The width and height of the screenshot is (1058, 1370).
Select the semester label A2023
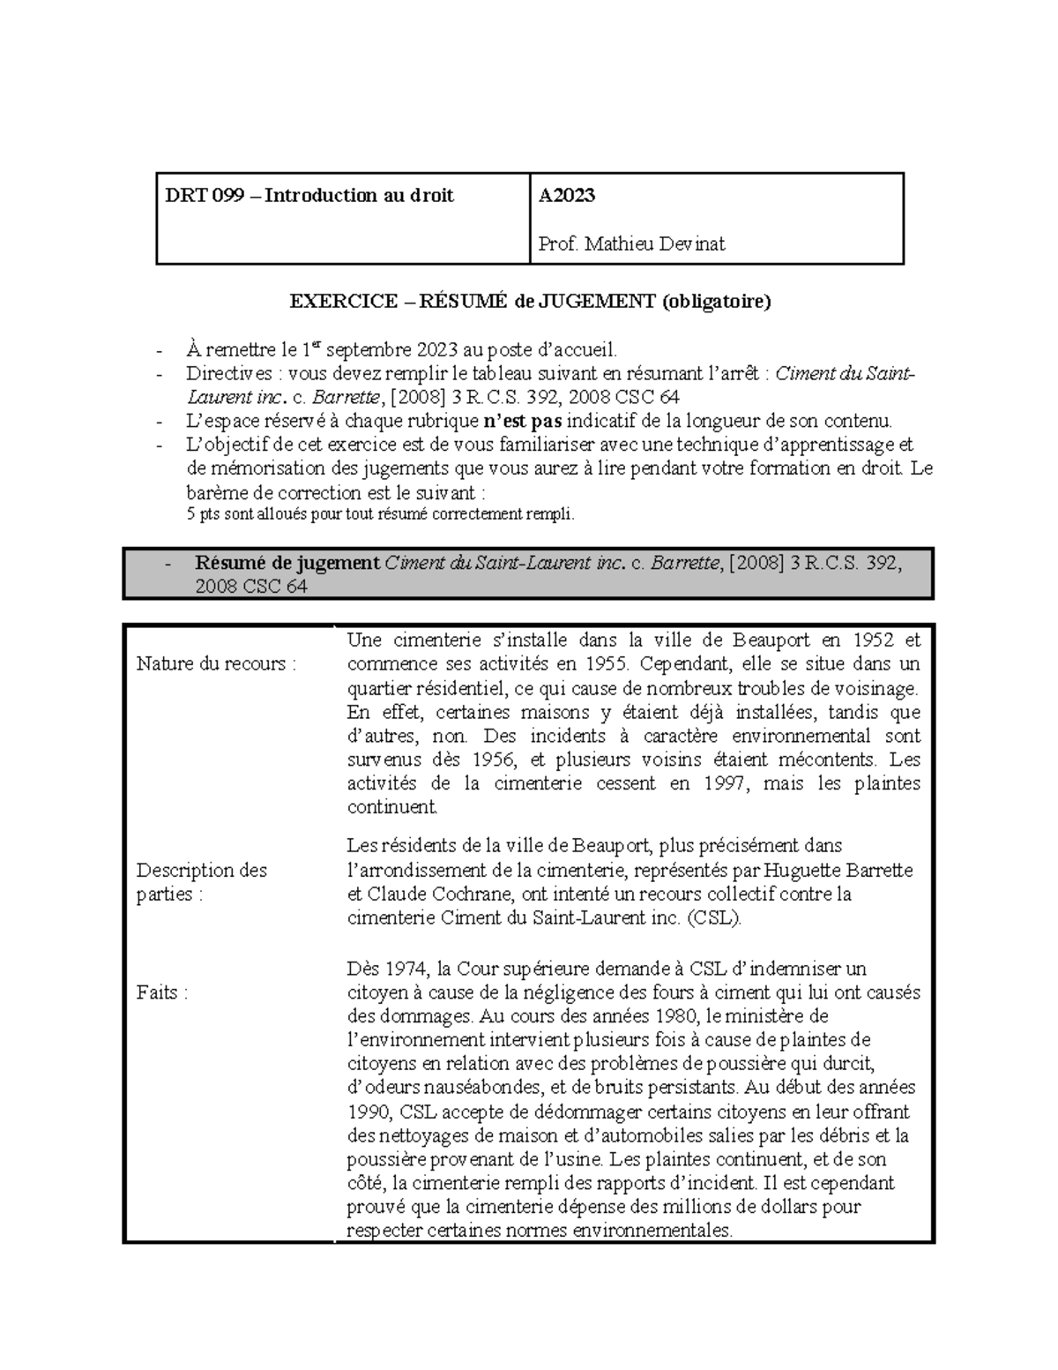[x=567, y=196]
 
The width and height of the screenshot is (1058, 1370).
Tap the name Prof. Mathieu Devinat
[x=632, y=243]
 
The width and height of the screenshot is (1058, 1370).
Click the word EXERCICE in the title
[x=344, y=302]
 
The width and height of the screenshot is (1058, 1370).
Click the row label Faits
[x=162, y=992]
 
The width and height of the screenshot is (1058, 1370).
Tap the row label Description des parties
[x=201, y=882]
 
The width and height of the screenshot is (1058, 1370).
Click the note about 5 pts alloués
[x=379, y=515]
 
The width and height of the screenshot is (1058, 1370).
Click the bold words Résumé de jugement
[x=287, y=564]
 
